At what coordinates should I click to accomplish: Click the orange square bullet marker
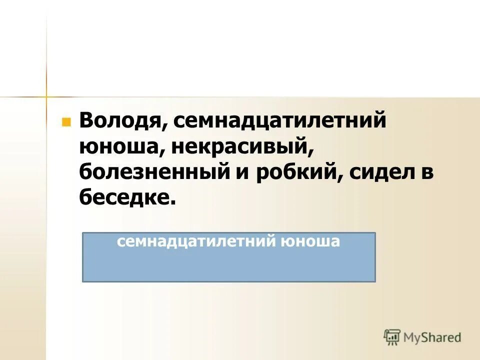point(65,122)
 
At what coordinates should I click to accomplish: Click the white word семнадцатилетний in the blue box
point(194,242)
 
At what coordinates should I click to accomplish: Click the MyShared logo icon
point(392,337)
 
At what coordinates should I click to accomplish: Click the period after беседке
point(173,202)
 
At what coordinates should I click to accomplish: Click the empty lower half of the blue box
point(228,267)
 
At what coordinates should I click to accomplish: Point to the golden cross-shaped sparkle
point(46,95)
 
